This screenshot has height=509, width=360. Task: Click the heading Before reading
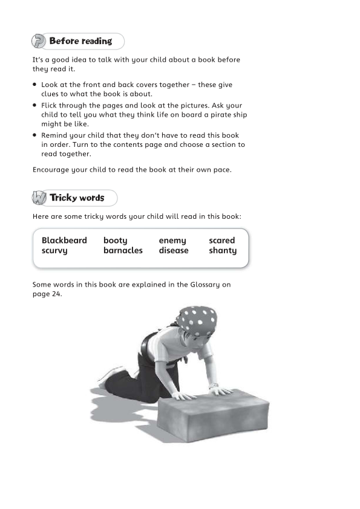[x=80, y=42]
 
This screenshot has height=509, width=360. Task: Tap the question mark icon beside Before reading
[x=39, y=42]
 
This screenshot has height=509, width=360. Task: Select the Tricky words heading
[x=77, y=198]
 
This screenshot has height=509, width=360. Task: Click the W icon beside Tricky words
[x=39, y=198]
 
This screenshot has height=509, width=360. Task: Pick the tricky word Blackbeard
[x=64, y=241]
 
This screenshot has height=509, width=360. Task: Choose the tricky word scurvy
[x=54, y=251]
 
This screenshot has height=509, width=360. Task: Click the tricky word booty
[x=115, y=241]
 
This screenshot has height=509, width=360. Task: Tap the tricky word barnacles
[x=123, y=251]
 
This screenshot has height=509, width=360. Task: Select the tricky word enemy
[x=172, y=241]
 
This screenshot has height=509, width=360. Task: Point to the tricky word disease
[x=174, y=251]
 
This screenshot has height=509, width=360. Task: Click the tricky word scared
[x=221, y=241]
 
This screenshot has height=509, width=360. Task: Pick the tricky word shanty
[x=223, y=251]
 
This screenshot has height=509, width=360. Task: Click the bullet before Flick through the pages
[x=35, y=105]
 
